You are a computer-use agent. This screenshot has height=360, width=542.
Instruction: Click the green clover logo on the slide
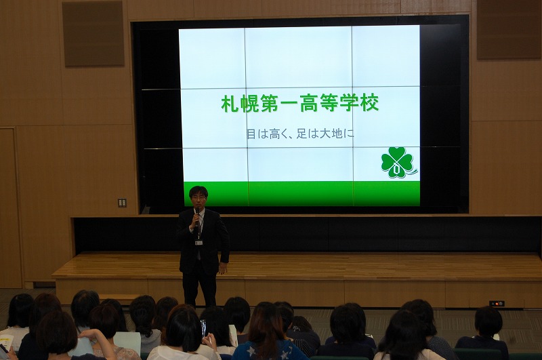398,162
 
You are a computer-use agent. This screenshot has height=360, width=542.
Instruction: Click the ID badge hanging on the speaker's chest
199,243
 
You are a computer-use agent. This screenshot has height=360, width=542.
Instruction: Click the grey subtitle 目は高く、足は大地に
300,134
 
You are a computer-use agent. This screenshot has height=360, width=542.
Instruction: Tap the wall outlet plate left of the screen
122,202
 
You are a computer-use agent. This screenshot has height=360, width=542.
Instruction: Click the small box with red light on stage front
497,304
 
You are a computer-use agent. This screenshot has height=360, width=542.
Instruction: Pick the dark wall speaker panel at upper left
93,33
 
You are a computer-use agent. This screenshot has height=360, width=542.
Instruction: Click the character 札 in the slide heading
230,104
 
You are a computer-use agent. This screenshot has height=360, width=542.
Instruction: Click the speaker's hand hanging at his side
223,268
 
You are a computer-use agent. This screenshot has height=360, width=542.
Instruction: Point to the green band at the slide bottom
301,194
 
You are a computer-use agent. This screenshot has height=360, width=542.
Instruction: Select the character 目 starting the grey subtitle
251,134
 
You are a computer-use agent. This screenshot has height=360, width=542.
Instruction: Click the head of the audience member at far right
488,322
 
